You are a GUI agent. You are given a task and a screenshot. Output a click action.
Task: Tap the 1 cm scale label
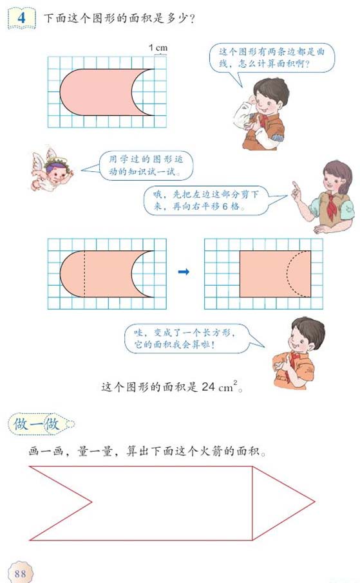[x=158, y=48]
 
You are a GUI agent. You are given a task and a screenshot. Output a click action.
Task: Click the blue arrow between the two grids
[x=184, y=272]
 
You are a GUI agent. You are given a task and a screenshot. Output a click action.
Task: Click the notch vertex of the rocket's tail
[x=92, y=502]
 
